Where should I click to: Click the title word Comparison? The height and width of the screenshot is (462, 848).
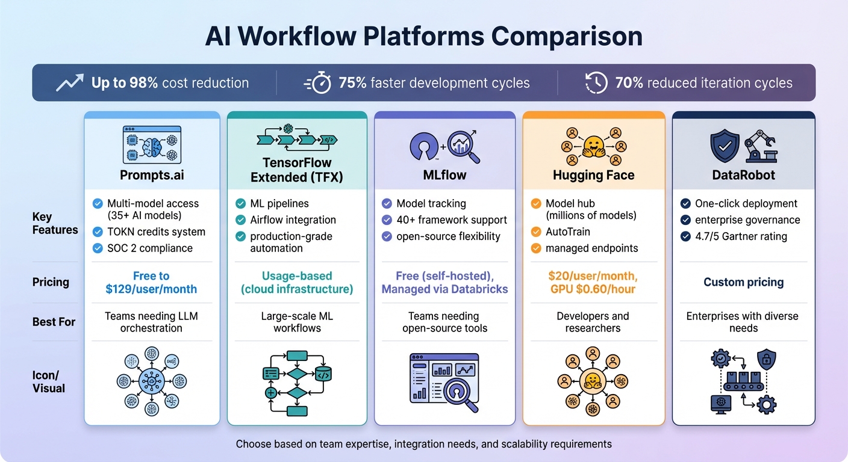click(x=567, y=37)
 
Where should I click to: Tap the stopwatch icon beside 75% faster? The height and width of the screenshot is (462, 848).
click(x=317, y=83)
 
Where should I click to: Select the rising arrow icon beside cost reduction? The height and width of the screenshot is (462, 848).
click(x=69, y=83)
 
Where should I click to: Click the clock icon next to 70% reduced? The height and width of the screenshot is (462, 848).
click(x=596, y=83)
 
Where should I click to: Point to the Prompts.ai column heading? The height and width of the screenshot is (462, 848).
click(x=151, y=175)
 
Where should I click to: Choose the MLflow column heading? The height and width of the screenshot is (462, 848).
click(x=444, y=175)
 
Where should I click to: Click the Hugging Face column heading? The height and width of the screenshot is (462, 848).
click(x=593, y=175)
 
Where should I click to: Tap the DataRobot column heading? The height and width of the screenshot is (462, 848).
click(x=743, y=175)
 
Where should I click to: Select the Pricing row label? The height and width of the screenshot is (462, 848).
click(x=51, y=282)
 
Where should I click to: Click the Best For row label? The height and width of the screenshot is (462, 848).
click(x=54, y=322)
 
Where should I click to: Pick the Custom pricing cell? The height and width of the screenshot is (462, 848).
click(x=743, y=282)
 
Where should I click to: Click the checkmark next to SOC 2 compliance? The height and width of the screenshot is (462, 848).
click(x=98, y=248)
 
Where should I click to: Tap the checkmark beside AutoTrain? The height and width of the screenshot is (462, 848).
click(x=536, y=232)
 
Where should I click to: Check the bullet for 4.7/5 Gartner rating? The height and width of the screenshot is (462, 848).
click(x=685, y=236)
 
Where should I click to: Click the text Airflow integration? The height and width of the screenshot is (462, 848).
click(x=293, y=220)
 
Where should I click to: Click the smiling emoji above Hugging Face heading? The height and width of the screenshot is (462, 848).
click(x=593, y=146)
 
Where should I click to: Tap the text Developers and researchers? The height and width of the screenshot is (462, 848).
click(x=593, y=322)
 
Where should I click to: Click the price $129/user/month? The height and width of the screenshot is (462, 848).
click(x=151, y=289)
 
